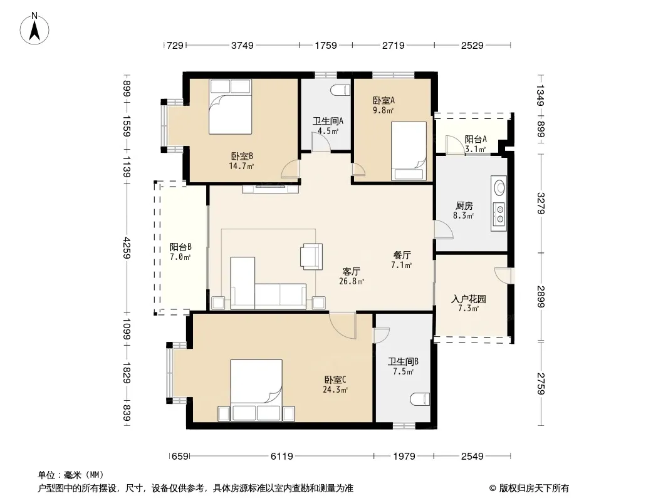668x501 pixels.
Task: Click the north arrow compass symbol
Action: pyautogui.click(x=34, y=29)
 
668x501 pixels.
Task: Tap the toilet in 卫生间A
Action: pyautogui.click(x=341, y=90)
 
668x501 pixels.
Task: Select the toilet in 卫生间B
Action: pyautogui.click(x=420, y=400)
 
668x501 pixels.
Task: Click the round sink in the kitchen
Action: pyautogui.click(x=499, y=187)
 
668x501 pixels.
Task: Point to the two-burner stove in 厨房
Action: pyautogui.click(x=499, y=214)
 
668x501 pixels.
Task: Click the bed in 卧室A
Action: pyautogui.click(x=409, y=151)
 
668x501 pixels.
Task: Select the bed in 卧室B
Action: pyautogui.click(x=230, y=107)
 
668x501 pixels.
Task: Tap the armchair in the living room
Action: pyautogui.click(x=311, y=256)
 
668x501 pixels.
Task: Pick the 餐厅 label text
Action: pyautogui.click(x=402, y=255)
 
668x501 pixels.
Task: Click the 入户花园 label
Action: pyautogui.click(x=469, y=299)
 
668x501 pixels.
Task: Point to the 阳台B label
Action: pyautogui.click(x=180, y=247)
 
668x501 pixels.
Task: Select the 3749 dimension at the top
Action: pyautogui.click(x=243, y=45)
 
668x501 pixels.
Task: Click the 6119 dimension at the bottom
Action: pyautogui.click(x=281, y=457)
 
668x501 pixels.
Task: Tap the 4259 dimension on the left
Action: pyautogui.click(x=127, y=248)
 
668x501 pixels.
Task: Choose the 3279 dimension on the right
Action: pyautogui.click(x=541, y=204)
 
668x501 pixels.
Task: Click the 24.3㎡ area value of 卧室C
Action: pyautogui.click(x=335, y=390)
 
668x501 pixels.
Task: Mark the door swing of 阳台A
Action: pyautogui.click(x=455, y=145)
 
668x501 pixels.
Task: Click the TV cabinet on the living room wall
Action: pyautogui.click(x=271, y=189)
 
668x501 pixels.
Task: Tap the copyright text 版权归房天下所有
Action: pyautogui.click(x=534, y=488)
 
